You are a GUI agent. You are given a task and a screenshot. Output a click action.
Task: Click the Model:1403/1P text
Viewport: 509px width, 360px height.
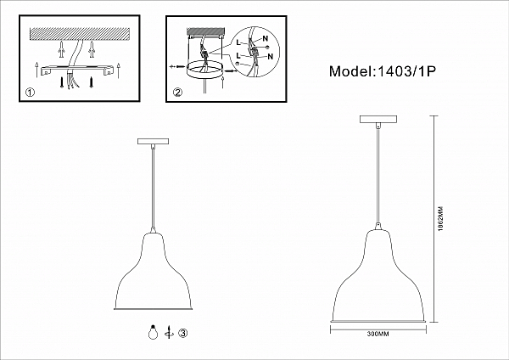click(x=382, y=71)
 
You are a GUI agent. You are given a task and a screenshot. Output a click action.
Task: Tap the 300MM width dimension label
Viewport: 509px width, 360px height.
click(x=378, y=334)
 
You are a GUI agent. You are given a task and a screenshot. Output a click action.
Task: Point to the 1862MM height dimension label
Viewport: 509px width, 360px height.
click(x=440, y=219)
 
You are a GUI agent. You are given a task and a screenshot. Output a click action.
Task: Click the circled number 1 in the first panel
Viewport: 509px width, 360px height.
click(x=30, y=93)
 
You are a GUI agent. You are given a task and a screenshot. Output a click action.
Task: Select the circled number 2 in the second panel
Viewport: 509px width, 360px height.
click(x=177, y=93)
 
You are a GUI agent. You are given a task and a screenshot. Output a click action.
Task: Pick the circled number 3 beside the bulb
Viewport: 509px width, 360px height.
click(x=183, y=333)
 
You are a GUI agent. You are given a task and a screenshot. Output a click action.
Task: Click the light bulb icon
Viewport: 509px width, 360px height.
click(x=153, y=332)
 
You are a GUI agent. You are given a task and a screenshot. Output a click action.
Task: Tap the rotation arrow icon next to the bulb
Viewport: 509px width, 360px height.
click(x=169, y=332)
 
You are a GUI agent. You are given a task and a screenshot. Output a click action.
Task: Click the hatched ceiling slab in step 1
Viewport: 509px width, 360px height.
click(x=80, y=33)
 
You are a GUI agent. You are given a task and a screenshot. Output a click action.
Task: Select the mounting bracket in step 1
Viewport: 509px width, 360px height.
click(x=77, y=70)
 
